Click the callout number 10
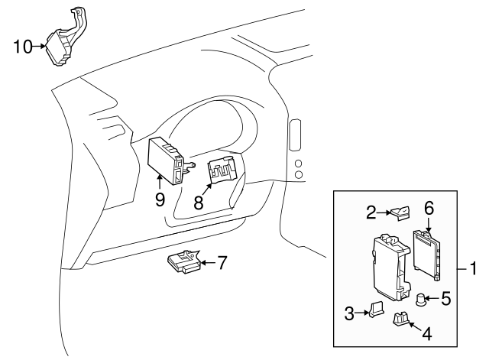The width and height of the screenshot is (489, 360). pos(22,47)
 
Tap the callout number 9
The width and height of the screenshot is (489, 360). pos(160,199)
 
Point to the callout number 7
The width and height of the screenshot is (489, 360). pos(221,263)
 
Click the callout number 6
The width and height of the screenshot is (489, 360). pos(429,206)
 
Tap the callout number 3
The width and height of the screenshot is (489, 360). pos(348,312)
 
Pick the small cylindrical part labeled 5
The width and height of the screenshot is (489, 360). pos(421,299)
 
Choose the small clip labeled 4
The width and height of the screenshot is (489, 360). pos(400,320)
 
